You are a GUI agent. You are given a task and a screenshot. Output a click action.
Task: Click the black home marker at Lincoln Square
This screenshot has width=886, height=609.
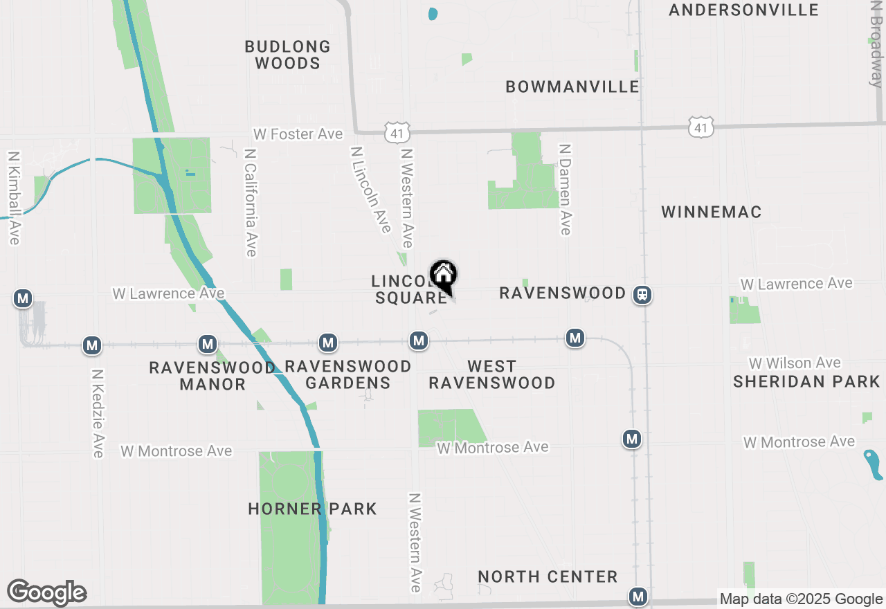443,275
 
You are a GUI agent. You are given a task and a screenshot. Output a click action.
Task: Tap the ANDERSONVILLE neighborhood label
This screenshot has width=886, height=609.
744,10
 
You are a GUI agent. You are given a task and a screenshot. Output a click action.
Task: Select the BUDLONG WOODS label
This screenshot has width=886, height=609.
288,55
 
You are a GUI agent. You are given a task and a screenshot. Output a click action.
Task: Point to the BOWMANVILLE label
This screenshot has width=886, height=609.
572,87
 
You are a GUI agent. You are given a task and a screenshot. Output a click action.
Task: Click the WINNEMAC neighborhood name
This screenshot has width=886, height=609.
712,212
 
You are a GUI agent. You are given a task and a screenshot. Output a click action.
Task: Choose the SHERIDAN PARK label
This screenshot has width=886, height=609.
806,381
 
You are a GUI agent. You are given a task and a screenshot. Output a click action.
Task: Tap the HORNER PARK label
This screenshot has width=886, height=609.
312,509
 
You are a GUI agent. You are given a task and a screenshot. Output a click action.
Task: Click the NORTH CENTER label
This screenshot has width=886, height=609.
548,576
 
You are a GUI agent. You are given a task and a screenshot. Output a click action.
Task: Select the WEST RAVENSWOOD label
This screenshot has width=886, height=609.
491,374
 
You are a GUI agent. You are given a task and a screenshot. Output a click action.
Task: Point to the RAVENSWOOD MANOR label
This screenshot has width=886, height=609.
213,376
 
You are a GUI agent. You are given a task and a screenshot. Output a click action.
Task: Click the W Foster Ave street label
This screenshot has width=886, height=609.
298,134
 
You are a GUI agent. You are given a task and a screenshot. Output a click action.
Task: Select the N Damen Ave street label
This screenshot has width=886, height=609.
565,189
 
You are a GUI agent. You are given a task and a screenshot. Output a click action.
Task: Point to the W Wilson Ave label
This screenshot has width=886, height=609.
795,363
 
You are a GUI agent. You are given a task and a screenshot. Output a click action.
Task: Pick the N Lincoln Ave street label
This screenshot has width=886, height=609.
371,189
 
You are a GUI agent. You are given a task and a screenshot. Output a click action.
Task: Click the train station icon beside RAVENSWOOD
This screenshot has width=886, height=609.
642,295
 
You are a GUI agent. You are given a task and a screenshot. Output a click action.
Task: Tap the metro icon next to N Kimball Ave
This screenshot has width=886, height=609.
23,299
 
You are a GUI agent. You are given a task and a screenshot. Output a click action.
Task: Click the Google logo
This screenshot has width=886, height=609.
47,592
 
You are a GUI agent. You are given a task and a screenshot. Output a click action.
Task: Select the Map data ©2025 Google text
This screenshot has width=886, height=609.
801,599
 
